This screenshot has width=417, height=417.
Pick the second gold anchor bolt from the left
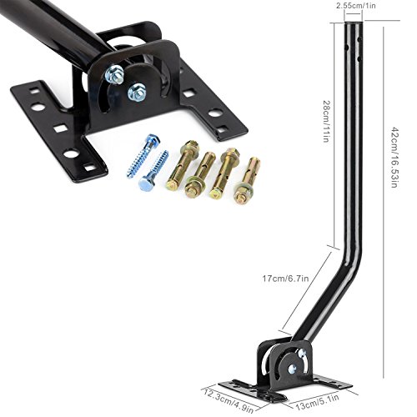203,175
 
